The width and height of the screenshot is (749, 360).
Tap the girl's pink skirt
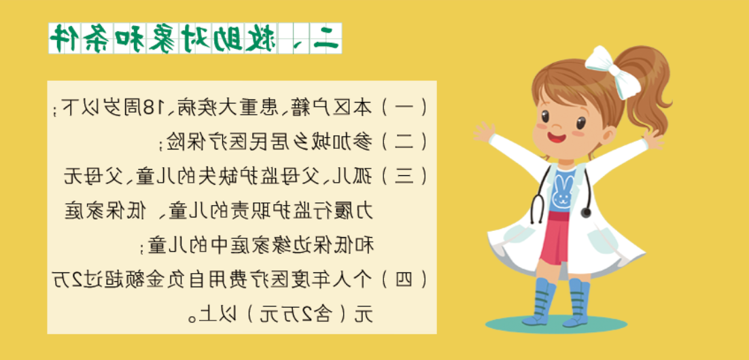557,238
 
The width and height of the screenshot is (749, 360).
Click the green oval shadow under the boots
557,324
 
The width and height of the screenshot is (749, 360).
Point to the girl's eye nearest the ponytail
581,123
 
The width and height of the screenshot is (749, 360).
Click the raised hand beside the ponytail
653,139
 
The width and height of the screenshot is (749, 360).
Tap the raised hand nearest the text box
485,132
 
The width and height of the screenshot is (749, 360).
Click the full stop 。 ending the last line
192,317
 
